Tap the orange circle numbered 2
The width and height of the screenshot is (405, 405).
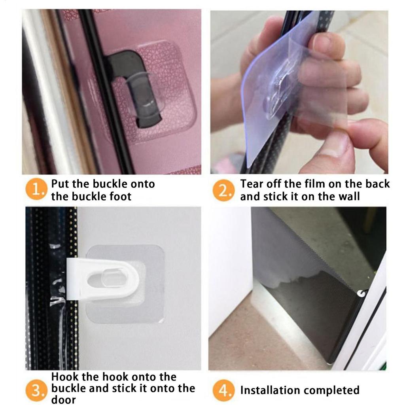224,191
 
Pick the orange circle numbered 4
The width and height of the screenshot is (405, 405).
224,391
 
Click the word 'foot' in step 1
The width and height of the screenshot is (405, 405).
119,196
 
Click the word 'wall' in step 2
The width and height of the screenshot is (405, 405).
348,196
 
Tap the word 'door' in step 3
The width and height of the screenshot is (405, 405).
64,399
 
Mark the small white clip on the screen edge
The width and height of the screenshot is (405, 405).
361,293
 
